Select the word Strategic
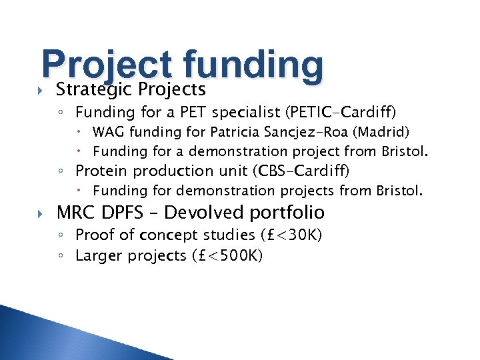(x=95, y=89)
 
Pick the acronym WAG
(x=108, y=132)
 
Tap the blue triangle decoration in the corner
(x=40, y=337)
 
